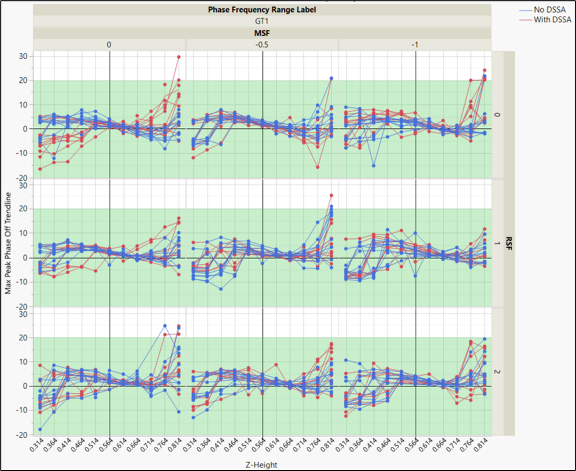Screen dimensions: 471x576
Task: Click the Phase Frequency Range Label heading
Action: [262, 10]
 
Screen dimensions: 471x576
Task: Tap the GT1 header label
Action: [262, 21]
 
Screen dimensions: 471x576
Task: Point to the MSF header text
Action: [262, 33]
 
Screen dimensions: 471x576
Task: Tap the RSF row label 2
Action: [499, 371]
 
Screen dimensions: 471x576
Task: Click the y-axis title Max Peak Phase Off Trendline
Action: [8, 243]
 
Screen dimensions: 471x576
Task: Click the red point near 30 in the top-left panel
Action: [179, 56]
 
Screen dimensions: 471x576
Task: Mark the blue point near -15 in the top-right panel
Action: [374, 165]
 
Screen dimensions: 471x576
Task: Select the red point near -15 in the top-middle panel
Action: [318, 167]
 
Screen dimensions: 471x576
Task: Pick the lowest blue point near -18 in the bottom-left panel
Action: [40, 430]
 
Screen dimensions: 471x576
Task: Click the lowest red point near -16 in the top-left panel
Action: [40, 169]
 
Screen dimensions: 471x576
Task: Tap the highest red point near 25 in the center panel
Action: [332, 195]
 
